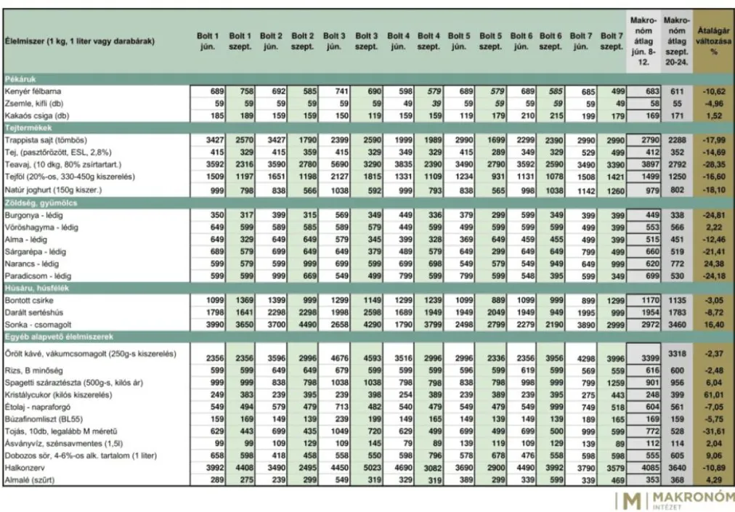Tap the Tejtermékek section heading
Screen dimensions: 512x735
click(x=28, y=126)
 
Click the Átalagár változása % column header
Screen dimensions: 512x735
click(x=713, y=41)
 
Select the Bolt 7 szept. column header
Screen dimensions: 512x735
click(x=612, y=41)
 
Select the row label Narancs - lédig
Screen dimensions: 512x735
click(x=32, y=264)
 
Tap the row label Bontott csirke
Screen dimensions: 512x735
click(x=28, y=300)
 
